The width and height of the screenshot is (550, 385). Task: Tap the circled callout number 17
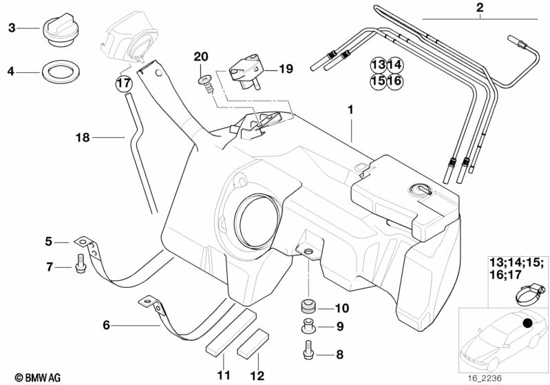(123, 83)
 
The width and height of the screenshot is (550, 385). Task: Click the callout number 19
(286, 69)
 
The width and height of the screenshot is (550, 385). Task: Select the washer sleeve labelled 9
(308, 327)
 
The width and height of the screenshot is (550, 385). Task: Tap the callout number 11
(222, 375)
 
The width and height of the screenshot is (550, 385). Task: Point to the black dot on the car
(528, 324)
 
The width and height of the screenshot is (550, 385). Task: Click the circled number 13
(378, 65)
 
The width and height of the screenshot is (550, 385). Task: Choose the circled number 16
(394, 81)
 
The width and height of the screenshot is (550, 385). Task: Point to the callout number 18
(83, 138)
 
